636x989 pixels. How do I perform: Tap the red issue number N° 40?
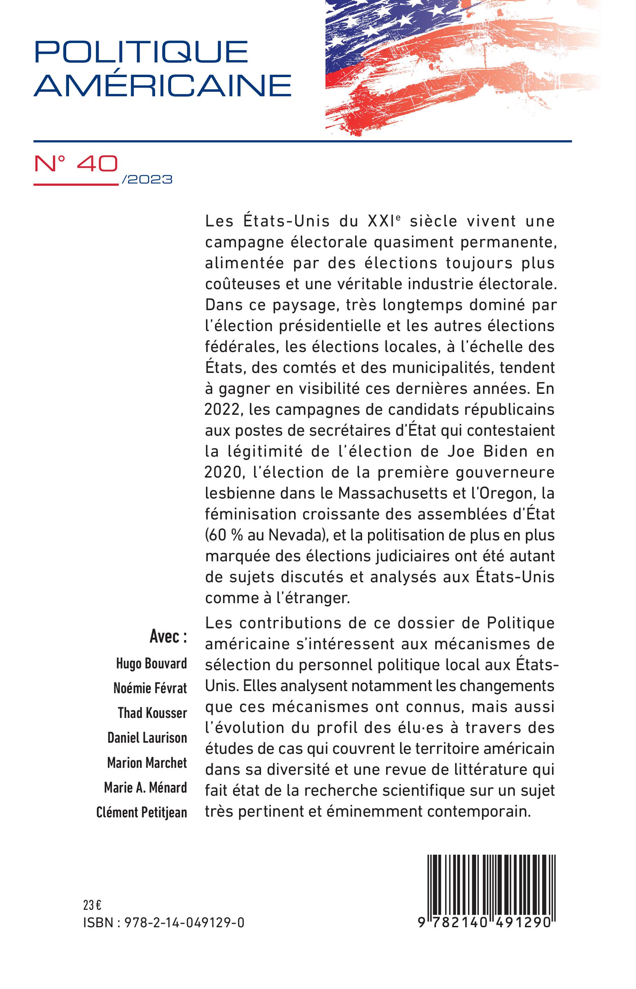click(x=76, y=165)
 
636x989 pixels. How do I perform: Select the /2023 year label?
click(x=147, y=179)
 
